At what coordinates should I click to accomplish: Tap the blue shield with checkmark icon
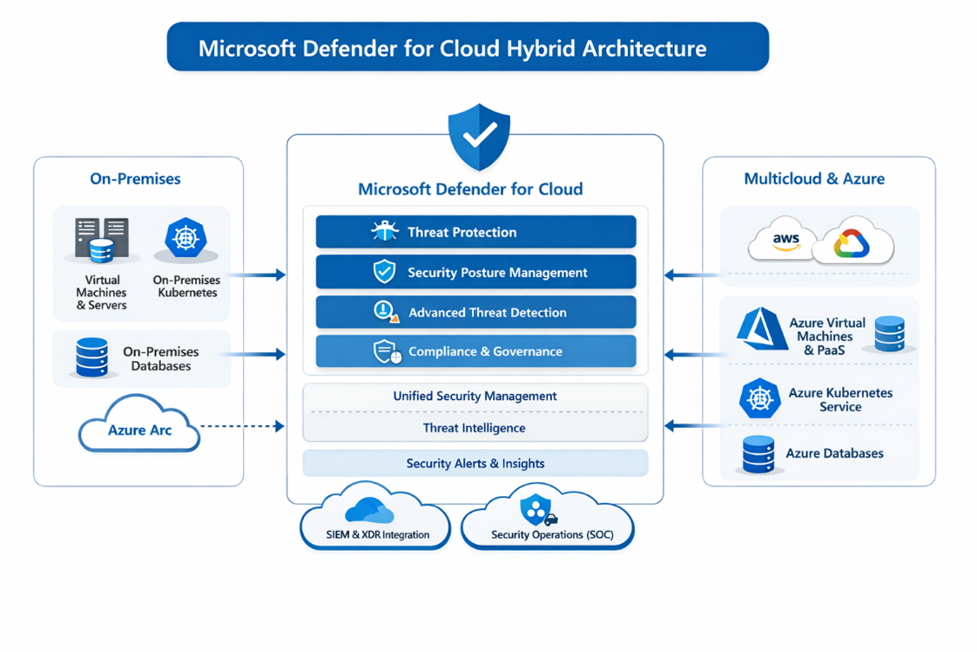coord(478,137)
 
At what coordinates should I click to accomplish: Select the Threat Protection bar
coord(475,232)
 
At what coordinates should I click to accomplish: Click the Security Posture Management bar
coord(475,272)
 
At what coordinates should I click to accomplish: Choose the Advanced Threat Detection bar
coord(475,312)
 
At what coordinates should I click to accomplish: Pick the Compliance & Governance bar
coord(475,351)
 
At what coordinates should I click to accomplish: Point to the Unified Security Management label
coord(475,396)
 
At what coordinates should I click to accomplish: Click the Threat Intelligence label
coord(475,428)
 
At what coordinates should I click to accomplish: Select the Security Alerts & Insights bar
coord(475,463)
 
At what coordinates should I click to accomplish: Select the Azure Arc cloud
coord(139,427)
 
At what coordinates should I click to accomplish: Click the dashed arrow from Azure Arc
coord(242,426)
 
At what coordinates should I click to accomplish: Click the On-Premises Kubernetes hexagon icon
coord(185,238)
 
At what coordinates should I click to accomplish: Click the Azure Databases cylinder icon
coord(758,454)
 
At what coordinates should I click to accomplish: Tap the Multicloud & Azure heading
coord(814,179)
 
